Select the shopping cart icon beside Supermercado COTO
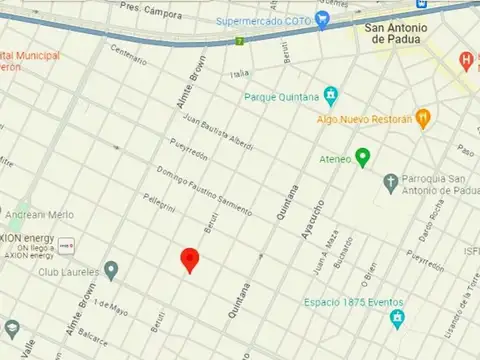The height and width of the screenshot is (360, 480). click(x=322, y=19)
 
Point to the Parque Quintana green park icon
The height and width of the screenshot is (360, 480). click(x=331, y=97)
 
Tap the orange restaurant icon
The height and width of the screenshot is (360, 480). click(x=423, y=117)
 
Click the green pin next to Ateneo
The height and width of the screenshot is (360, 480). click(x=363, y=157)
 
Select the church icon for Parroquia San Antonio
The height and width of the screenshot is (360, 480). click(x=391, y=183)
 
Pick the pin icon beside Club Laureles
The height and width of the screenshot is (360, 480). click(x=111, y=270)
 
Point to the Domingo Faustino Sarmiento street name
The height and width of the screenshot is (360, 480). click(x=204, y=189)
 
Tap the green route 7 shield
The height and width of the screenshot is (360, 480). click(x=240, y=42)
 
